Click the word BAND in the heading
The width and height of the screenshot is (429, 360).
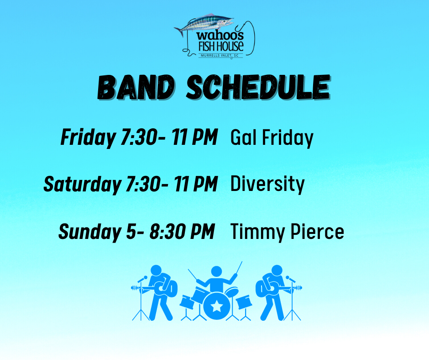coord(136,87)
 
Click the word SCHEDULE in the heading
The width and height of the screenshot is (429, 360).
coord(258,87)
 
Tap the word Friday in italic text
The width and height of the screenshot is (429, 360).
coord(88,138)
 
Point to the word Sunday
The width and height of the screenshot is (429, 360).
coord(90,232)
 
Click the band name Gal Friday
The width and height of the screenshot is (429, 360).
coord(272,138)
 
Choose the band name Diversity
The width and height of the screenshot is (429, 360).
coord(267,184)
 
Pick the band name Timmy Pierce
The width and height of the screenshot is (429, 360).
coord(287,232)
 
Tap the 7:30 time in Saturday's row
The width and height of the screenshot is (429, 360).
coord(143,184)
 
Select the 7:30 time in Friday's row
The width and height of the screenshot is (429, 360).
coord(138,137)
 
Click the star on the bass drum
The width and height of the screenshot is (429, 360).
coord(217,306)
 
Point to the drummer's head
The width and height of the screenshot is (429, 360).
coord(216,271)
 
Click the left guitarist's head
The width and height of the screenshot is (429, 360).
coord(156,270)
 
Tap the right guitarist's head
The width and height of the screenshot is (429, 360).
coord(277,270)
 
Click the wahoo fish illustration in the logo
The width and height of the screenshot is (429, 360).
coord(204,24)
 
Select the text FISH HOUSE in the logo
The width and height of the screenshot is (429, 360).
coord(221,47)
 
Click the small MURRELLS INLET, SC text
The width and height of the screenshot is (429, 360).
coord(220,56)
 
